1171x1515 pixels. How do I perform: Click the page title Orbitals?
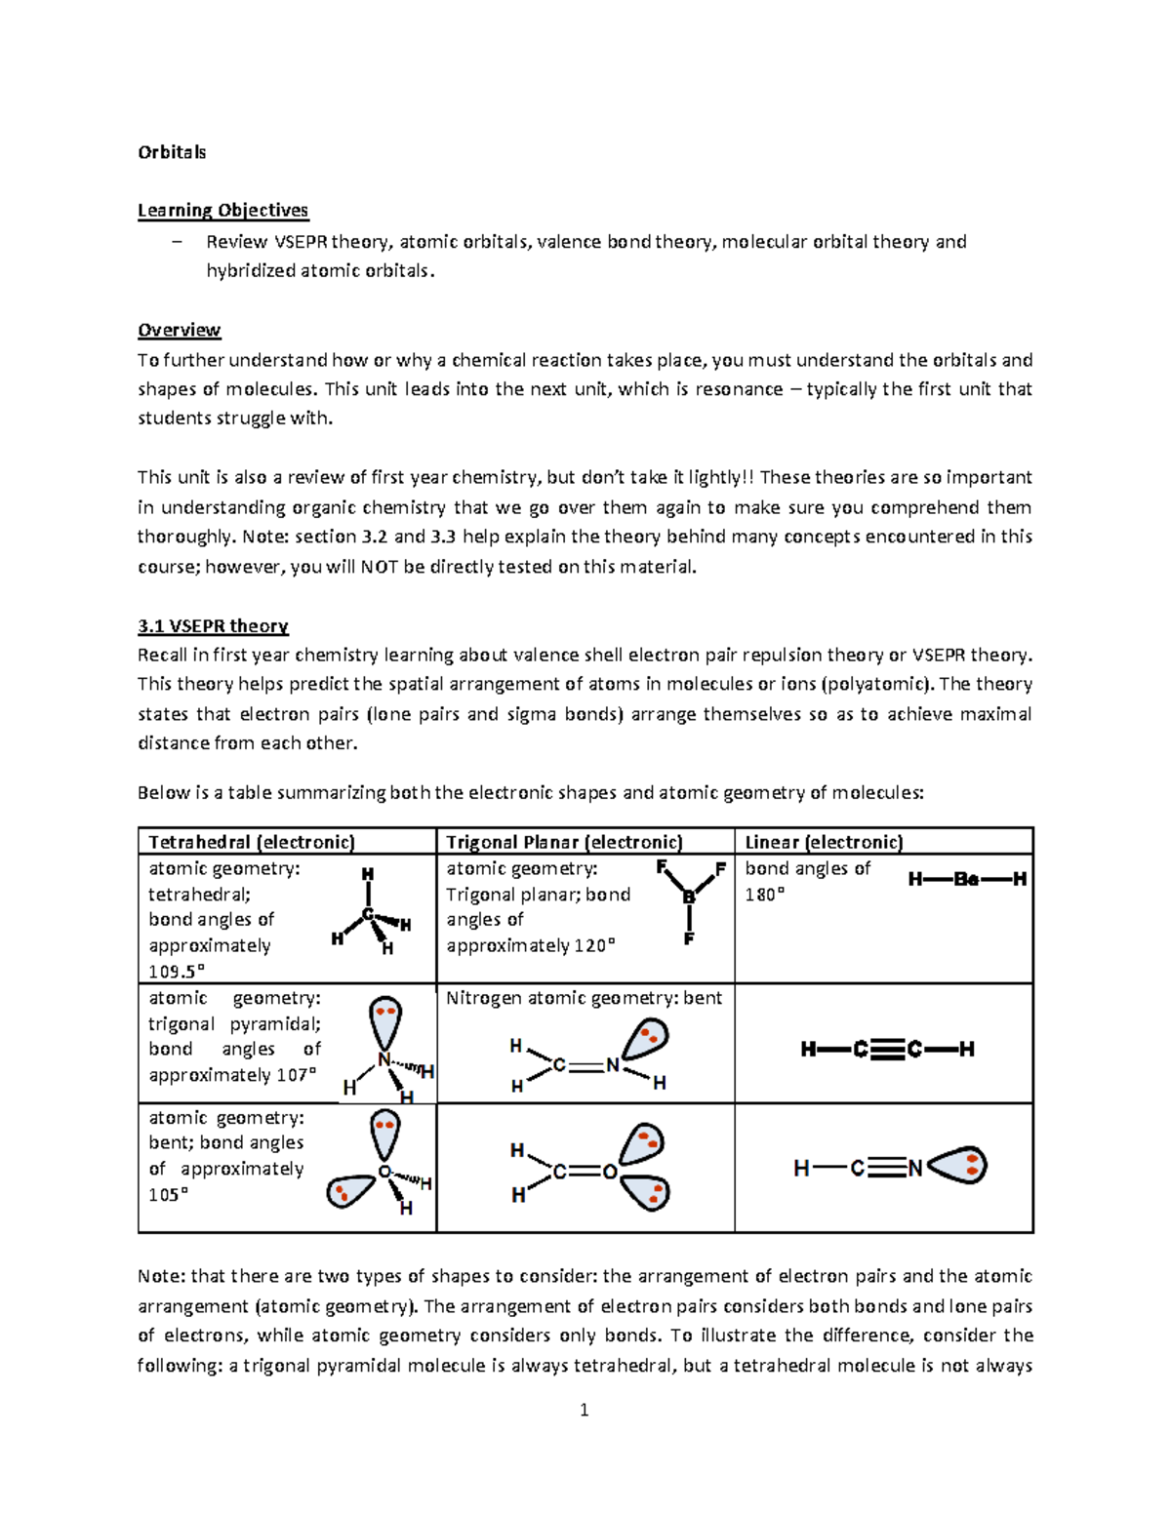[172, 152]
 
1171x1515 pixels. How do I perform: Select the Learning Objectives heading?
[222, 211]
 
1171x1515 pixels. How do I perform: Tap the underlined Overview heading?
[179, 330]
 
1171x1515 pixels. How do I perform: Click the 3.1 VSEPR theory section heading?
[213, 626]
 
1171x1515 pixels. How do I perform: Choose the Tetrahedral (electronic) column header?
[251, 842]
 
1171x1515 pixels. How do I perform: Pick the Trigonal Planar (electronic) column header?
[564, 842]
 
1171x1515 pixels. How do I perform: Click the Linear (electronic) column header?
[824, 842]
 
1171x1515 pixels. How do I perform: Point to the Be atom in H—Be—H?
[965, 879]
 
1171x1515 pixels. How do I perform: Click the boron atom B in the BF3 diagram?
[689, 897]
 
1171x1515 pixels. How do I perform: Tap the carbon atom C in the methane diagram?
[368, 914]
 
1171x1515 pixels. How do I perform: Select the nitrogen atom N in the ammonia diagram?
[384, 1059]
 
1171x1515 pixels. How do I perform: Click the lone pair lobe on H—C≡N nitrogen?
[958, 1165]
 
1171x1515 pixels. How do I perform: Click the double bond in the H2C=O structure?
[585, 1172]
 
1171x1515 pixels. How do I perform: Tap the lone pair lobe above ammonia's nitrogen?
[385, 1020]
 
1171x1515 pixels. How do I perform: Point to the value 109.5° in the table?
[177, 972]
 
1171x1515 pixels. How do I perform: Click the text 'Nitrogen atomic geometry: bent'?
[584, 998]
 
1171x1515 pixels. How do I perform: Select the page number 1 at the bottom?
[584, 1410]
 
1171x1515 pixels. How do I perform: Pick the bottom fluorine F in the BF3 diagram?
[689, 938]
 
